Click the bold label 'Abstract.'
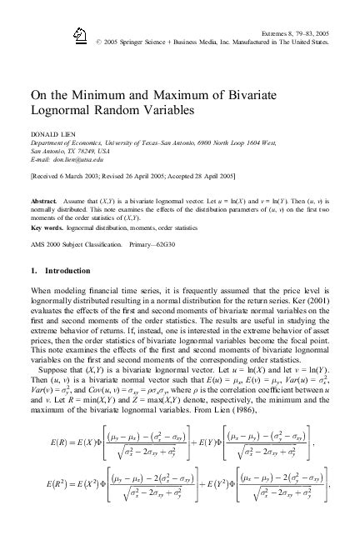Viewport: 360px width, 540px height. pyautogui.click(x=42, y=202)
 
